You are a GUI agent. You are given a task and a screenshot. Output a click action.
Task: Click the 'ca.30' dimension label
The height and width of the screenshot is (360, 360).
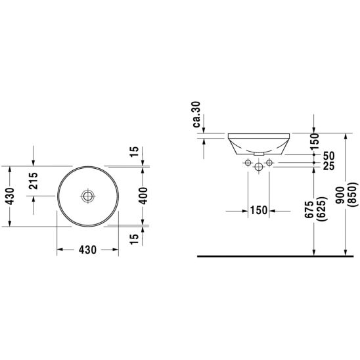tap(197, 114)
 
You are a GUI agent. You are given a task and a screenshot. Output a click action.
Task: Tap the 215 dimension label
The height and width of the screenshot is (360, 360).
tap(34, 181)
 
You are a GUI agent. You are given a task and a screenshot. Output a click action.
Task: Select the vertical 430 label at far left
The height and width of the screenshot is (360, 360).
tap(10, 196)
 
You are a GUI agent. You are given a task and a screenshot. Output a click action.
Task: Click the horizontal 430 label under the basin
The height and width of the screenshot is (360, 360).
tap(87, 250)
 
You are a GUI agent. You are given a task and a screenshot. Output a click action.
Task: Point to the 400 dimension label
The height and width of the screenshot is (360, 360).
tap(143, 196)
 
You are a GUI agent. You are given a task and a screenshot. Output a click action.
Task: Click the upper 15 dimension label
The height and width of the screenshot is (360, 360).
tap(135, 152)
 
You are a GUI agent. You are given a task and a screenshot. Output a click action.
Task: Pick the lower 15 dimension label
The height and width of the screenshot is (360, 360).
tap(135, 239)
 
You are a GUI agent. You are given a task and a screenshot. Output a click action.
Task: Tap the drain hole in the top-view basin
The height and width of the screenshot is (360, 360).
tap(88, 196)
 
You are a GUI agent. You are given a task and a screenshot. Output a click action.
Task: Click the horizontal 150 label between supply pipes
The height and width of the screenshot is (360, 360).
tap(259, 210)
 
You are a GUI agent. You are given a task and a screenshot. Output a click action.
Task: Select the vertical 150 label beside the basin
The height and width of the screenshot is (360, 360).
tap(314, 141)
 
